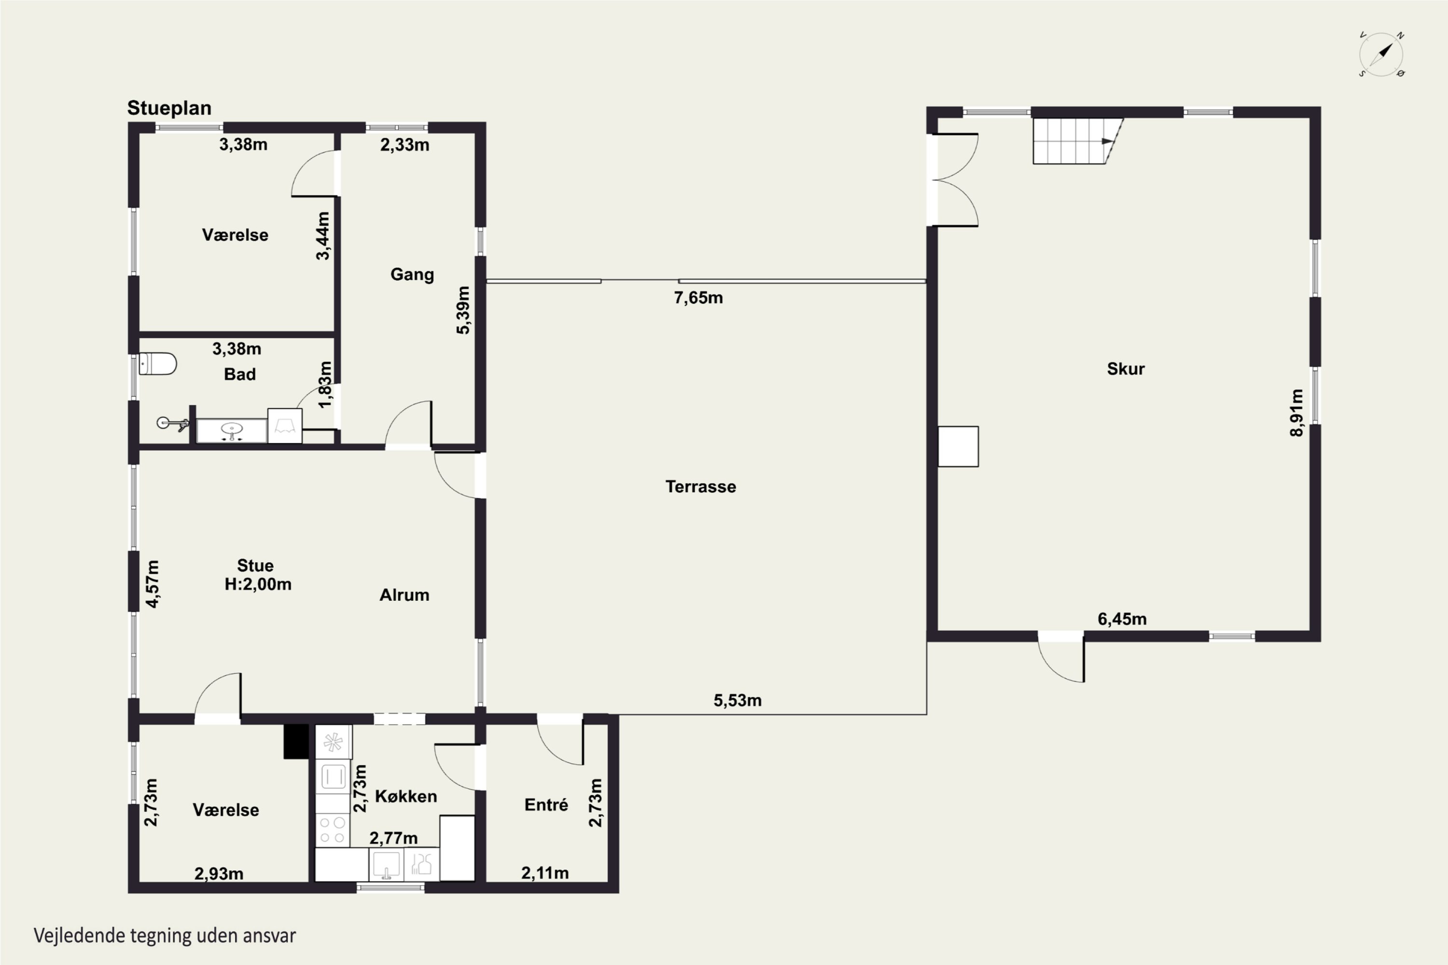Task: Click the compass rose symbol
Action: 1381,54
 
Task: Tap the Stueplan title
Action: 169,108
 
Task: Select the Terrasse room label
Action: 701,487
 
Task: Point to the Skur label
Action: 1126,369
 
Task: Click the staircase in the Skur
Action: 1078,141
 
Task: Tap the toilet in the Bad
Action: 158,364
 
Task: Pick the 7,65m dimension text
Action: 698,298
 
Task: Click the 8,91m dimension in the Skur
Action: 1296,413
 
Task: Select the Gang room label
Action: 412,275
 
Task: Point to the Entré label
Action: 546,804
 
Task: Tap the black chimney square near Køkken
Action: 296,741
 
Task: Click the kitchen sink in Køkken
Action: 386,864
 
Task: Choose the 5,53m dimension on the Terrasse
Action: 738,701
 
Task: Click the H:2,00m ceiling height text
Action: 258,584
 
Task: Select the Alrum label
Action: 404,595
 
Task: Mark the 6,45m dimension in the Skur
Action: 1122,619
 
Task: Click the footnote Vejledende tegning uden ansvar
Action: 165,936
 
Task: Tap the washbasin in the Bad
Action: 232,430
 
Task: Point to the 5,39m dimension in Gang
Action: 462,310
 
